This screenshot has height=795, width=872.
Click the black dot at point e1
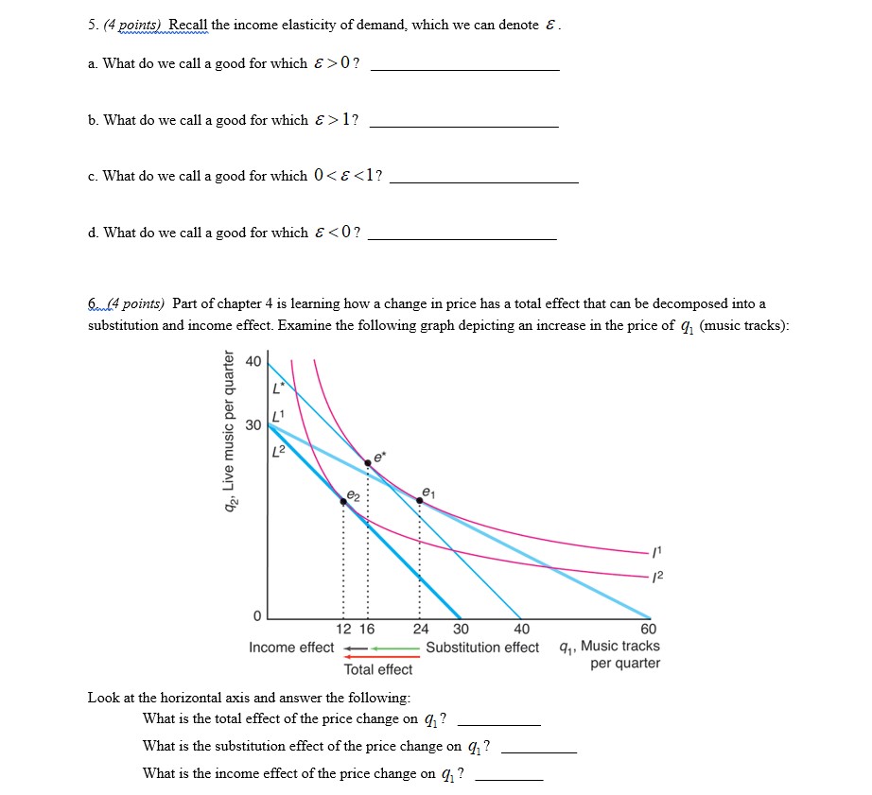419,500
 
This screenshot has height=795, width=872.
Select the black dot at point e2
343,501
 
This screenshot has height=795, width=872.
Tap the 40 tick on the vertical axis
253,361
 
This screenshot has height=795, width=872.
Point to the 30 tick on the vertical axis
253,424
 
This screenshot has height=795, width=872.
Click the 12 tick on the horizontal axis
344,630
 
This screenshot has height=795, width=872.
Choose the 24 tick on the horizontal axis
420,630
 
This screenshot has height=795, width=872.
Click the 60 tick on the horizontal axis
648,630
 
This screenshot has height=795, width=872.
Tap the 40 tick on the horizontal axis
521,630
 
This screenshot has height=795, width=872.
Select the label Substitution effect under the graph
482,648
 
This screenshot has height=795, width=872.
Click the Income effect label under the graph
291,648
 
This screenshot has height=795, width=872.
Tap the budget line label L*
277,388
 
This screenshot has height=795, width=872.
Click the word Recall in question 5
189,26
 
